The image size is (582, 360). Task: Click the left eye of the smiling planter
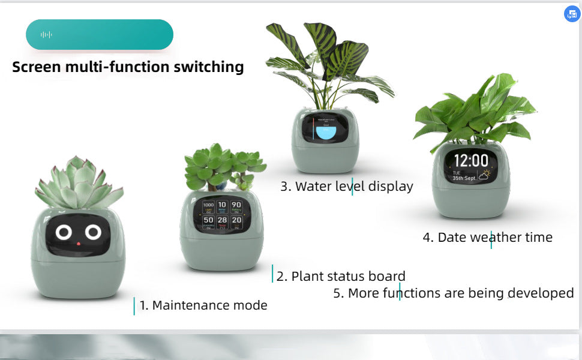[x=64, y=232]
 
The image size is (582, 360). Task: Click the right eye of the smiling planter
[x=92, y=232]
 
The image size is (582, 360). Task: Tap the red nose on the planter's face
[x=78, y=244]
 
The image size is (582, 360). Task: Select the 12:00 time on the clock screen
[x=470, y=160]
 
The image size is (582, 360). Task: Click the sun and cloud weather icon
[x=484, y=175]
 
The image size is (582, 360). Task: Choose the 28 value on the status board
[x=222, y=221]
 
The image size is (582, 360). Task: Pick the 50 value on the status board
[x=208, y=221]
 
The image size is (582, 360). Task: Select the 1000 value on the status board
[x=208, y=206]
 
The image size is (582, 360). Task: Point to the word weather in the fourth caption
[x=496, y=238]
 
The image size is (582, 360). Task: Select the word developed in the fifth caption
[x=541, y=293]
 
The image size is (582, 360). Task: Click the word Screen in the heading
[x=37, y=67]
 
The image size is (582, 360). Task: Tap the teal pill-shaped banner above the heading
[x=100, y=35]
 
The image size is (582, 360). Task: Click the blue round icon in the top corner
[x=572, y=14]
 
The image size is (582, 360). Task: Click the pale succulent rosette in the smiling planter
[x=79, y=183]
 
